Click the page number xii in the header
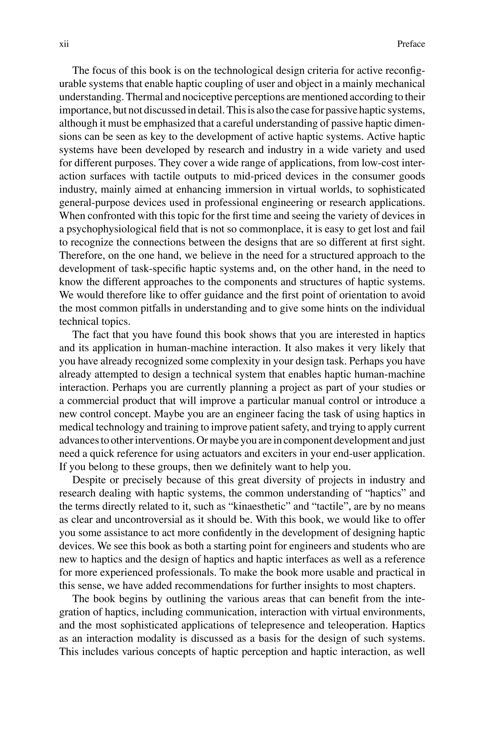[x=64, y=44]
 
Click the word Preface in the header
[x=411, y=44]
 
